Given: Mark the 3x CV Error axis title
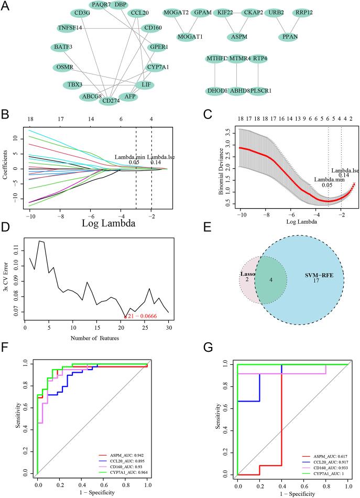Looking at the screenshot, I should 12,283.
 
